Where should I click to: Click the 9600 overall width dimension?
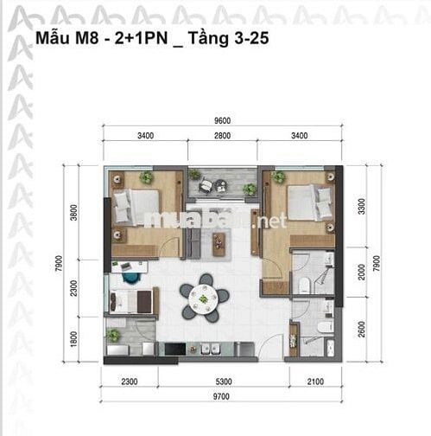(222, 121)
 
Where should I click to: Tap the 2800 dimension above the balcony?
(222, 136)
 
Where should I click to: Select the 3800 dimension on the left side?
(74, 212)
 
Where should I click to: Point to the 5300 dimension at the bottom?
(224, 381)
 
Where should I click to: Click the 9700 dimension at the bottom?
(221, 396)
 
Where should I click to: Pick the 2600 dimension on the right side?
(361, 329)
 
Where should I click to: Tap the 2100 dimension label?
(315, 381)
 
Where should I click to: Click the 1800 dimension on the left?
(74, 339)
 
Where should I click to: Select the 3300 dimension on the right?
(361, 207)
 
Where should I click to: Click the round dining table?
(203, 298)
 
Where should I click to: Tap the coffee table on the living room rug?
(219, 244)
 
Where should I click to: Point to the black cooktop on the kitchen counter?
(175, 349)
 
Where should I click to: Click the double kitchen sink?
(210, 349)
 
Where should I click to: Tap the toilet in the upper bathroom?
(304, 285)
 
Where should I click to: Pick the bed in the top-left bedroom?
(137, 207)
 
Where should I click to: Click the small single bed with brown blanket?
(134, 301)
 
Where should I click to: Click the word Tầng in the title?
(208, 38)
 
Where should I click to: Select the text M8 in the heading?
(87, 38)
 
